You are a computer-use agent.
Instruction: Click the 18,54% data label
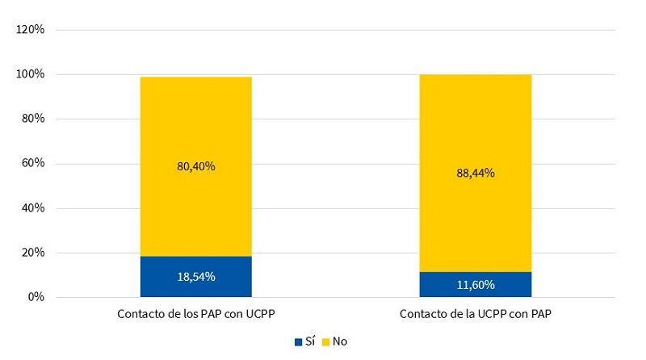coord(195,277)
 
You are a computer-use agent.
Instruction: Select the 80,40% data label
coord(195,166)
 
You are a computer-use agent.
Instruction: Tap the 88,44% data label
coord(475,173)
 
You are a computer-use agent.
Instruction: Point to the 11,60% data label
coord(475,284)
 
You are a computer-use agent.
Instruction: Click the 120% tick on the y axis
coord(31,30)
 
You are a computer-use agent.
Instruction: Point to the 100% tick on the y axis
coord(31,74)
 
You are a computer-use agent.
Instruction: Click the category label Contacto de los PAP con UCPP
coord(195,312)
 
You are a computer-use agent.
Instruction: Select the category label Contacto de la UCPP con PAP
coord(475,312)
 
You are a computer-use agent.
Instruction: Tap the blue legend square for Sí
coord(299,342)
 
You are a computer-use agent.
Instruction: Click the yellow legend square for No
coord(326,342)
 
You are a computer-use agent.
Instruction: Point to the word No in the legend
coord(340,342)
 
